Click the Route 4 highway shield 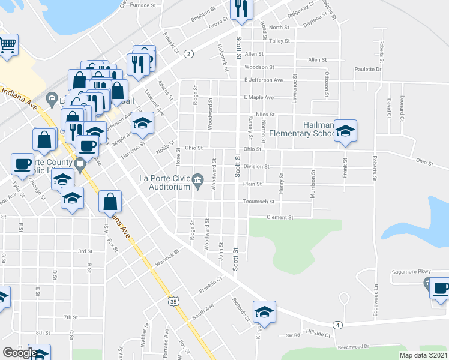[x=339, y=325]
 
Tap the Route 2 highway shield [x=188, y=54]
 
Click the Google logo [x=20, y=353]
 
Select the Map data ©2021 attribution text [x=423, y=355]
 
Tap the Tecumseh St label [x=259, y=202]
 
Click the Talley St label [x=280, y=41]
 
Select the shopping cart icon [x=7, y=44]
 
